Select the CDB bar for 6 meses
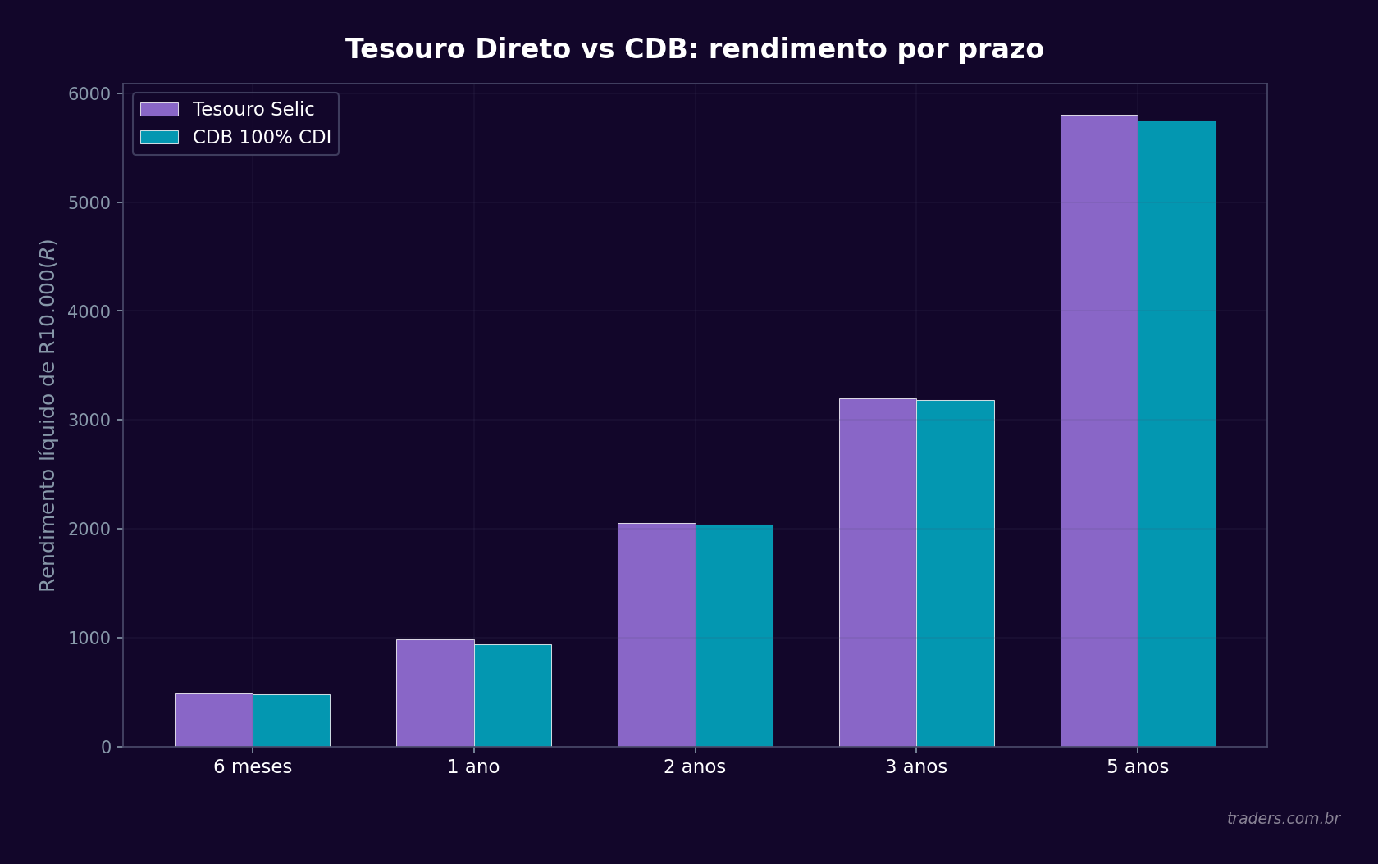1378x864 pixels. pyautogui.click(x=291, y=721)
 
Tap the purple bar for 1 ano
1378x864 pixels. pyautogui.click(x=435, y=693)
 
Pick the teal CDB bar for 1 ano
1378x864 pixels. pyautogui.click(x=513, y=695)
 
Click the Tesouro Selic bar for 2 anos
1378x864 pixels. pyautogui.click(x=656, y=634)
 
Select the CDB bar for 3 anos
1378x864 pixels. pyautogui.click(x=956, y=573)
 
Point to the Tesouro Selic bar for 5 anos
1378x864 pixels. pyautogui.click(x=1099, y=430)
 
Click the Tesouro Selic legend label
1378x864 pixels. pyautogui.click(x=253, y=109)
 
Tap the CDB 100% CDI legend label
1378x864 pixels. pyautogui.click(x=262, y=137)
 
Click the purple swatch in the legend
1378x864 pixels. pyautogui.click(x=159, y=109)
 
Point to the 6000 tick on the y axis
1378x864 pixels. pyautogui.click(x=89, y=93)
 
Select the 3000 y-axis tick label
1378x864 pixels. pyautogui.click(x=89, y=420)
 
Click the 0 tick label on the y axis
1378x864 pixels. pyautogui.click(x=106, y=747)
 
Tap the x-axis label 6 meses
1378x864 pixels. pyautogui.click(x=253, y=767)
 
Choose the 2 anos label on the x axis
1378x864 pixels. pyautogui.click(x=695, y=767)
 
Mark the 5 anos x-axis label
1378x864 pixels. pyautogui.click(x=1138, y=767)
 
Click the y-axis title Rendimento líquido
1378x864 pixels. pyautogui.click(x=48, y=415)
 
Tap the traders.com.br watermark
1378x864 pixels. pyautogui.click(x=1283, y=818)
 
